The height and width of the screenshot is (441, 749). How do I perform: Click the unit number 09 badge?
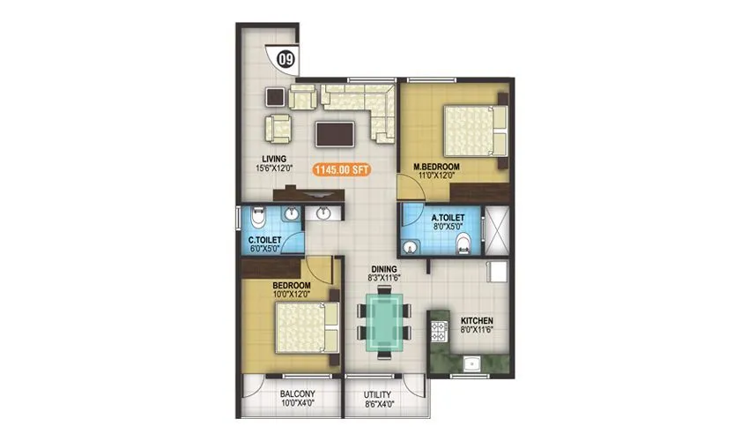click(286, 60)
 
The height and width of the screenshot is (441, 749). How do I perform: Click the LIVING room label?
click(261, 159)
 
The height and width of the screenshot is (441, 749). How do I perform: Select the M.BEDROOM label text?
click(438, 165)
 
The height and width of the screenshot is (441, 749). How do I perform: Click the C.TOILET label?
click(265, 239)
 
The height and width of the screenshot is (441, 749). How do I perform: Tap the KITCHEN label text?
click(477, 321)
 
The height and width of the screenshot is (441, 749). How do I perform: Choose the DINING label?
click(384, 269)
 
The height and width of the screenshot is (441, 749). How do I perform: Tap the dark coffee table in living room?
click(336, 133)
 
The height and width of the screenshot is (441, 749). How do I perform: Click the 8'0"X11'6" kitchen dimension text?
click(477, 332)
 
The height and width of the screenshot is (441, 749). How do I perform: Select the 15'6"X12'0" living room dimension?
click(261, 169)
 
